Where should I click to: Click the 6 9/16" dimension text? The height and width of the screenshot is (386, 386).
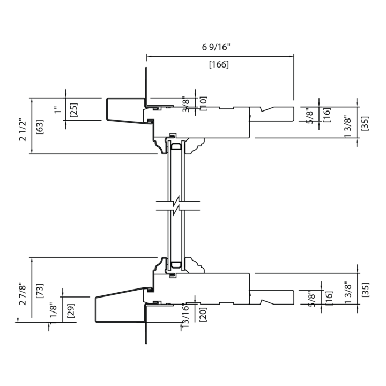[x=216, y=47]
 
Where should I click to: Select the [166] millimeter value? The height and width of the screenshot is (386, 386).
[x=219, y=64]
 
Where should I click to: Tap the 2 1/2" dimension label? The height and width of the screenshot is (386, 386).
[x=23, y=130]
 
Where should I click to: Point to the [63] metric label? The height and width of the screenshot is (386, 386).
[x=40, y=127]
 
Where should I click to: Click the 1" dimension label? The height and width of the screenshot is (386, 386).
[x=57, y=109]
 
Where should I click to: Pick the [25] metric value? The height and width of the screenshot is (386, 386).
[x=73, y=110]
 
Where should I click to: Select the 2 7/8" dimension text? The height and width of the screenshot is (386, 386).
[x=23, y=294]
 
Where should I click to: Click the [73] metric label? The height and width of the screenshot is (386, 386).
[x=40, y=291]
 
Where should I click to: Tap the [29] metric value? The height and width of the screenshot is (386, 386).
[x=71, y=310]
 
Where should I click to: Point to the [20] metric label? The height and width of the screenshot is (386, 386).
[x=203, y=314]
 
